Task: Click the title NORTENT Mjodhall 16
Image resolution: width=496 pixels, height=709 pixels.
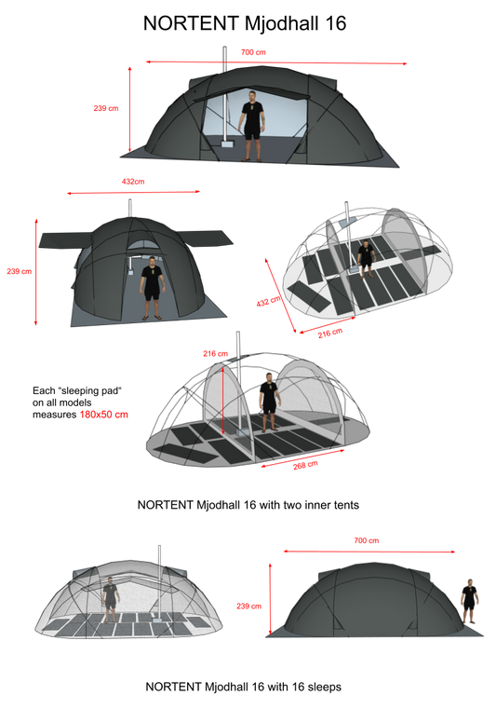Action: pos(245,23)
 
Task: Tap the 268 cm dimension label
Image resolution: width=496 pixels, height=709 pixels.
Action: pos(305,465)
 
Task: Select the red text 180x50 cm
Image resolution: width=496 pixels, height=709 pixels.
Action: pos(104,415)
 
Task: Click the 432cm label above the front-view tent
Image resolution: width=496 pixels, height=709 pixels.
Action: pos(133,182)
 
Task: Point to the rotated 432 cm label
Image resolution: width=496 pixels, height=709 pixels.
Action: pos(268,301)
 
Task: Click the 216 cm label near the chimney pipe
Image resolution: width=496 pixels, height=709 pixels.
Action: pos(215,354)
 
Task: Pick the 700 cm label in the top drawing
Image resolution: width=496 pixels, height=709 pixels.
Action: pos(253,52)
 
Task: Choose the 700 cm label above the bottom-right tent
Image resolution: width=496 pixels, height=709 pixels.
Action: pos(367,540)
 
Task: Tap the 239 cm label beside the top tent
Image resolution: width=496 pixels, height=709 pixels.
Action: pos(106,108)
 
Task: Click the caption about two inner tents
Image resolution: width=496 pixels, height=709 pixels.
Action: pos(248,505)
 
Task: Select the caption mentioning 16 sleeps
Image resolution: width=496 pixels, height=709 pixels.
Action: pos(244,687)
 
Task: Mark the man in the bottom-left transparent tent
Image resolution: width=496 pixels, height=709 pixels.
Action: pos(110,600)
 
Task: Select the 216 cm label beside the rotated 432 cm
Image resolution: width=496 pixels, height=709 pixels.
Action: pos(329,334)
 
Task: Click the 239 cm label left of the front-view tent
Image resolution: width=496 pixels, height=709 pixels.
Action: pos(19,271)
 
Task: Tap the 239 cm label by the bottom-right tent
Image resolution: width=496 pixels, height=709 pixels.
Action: pos(248,606)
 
